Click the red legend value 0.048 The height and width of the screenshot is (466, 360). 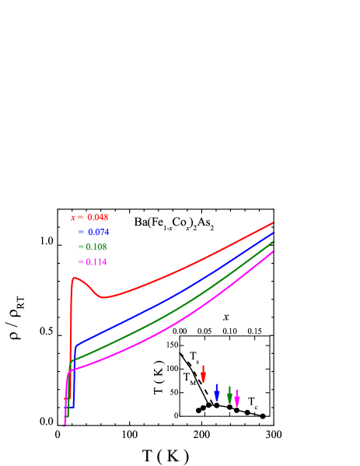pyautogui.click(x=98, y=217)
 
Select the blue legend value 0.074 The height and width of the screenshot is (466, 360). pyautogui.click(x=98, y=232)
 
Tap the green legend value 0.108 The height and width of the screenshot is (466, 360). pyautogui.click(x=96, y=247)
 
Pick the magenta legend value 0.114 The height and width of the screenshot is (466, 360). pyautogui.click(x=96, y=261)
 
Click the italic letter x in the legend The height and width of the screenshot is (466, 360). pyautogui.click(x=73, y=217)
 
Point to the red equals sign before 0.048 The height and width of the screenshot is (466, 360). pyautogui.click(x=81, y=217)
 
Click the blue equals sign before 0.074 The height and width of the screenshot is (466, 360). pyautogui.click(x=81, y=232)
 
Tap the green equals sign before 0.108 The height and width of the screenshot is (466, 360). pyautogui.click(x=81, y=247)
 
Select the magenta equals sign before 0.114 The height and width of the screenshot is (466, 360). pyautogui.click(x=81, y=261)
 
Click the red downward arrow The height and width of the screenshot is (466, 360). pyautogui.click(x=204, y=373)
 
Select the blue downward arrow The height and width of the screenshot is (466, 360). pyautogui.click(x=217, y=392)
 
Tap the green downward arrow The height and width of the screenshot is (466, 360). pyautogui.click(x=229, y=394)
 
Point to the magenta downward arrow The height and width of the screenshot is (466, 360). pyautogui.click(x=237, y=398)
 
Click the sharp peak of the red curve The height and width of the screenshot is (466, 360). pyautogui.click(x=75, y=278)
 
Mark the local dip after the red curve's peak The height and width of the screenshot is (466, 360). pyautogui.click(x=103, y=297)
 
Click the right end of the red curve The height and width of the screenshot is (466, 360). pyautogui.click(x=274, y=222)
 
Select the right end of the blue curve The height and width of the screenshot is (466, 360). pyautogui.click(x=274, y=233)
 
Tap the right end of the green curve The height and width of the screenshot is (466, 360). pyautogui.click(x=274, y=242)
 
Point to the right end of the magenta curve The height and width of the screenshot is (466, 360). pyautogui.click(x=274, y=251)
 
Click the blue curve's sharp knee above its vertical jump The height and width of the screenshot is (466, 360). pyautogui.click(x=76, y=343)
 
